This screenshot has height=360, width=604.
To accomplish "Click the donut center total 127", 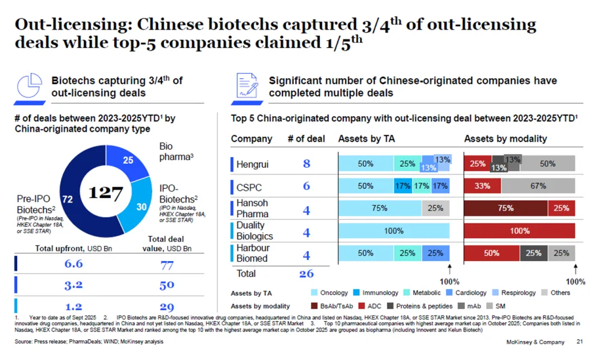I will (106, 193).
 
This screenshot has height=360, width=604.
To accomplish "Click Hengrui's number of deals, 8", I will (306, 164).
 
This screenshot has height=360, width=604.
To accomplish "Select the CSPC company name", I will (249, 186).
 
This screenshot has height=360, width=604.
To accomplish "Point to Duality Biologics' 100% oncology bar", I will (394, 231).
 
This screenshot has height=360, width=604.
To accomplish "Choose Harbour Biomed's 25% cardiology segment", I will (436, 253).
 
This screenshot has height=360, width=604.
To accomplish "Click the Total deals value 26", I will (306, 274).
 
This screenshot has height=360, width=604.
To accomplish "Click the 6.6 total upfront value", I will (73, 264).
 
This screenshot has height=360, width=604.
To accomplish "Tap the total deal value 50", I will (167, 285).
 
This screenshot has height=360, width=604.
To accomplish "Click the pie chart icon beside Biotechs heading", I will (31, 87).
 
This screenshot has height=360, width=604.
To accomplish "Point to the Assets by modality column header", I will (505, 139).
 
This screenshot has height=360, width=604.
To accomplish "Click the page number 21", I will (579, 342).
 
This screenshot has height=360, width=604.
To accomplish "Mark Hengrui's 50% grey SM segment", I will (548, 164).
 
